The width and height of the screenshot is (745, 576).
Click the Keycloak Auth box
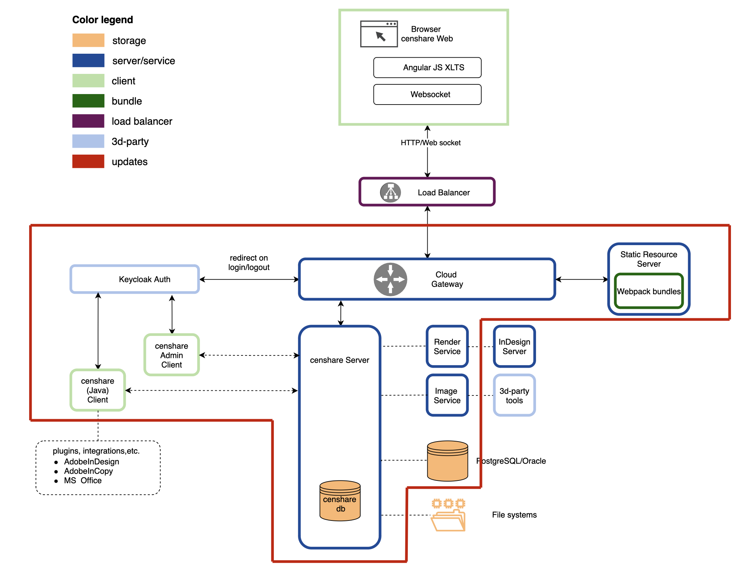[135, 279]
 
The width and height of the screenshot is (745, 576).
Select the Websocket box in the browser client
[427, 94]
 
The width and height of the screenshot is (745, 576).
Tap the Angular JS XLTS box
[427, 67]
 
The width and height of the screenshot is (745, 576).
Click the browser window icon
[379, 34]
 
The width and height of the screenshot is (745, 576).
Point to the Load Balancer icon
[391, 192]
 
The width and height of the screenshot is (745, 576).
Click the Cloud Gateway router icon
[391, 279]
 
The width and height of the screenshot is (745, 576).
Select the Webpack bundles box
[649, 291]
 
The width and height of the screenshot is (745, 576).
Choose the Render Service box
[447, 346]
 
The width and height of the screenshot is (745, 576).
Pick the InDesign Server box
[514, 346]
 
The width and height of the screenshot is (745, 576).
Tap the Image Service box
[447, 395]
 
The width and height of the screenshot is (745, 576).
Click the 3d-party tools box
[514, 395]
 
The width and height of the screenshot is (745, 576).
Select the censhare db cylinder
[340, 501]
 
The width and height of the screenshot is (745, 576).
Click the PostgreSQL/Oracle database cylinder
[447, 461]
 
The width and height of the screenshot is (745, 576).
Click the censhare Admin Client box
[171, 355]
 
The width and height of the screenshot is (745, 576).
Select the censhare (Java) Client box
[98, 390]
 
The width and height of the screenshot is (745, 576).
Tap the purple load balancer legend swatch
[88, 121]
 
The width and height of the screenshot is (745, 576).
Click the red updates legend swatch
[88, 161]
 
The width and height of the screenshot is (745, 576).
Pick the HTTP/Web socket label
[431, 143]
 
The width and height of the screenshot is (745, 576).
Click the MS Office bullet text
[83, 480]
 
